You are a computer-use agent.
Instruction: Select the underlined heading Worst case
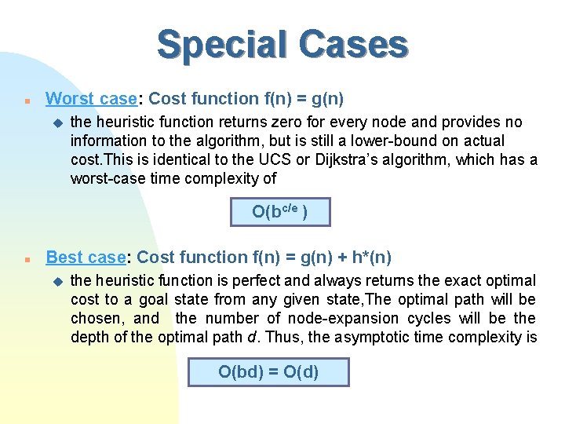pyautogui.click(x=91, y=99)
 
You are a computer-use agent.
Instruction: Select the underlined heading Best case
pyautogui.click(x=86, y=257)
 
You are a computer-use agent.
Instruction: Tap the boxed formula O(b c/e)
pyautogui.click(x=280, y=212)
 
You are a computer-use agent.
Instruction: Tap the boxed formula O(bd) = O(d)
pyautogui.click(x=268, y=371)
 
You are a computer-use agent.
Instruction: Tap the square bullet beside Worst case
pyautogui.click(x=27, y=101)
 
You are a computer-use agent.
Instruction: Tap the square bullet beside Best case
pyautogui.click(x=27, y=258)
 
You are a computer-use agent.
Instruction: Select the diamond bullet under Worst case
pyautogui.click(x=56, y=122)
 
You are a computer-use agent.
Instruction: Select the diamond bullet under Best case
pyautogui.click(x=56, y=281)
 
